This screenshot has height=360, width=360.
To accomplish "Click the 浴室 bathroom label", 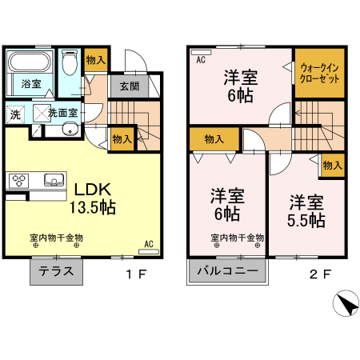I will point(30,83).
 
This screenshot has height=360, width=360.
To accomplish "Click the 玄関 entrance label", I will point(130,86).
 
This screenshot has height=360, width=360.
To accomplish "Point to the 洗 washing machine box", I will point(15,114).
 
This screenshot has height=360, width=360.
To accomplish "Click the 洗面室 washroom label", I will point(62,113).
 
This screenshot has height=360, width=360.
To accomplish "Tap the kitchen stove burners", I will point(18,180).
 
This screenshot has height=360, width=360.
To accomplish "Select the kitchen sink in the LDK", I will point(53,179).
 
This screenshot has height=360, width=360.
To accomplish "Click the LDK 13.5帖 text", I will point(94,198).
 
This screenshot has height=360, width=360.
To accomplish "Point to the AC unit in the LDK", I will point(149,251).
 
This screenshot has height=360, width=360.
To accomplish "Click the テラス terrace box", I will point(58,272).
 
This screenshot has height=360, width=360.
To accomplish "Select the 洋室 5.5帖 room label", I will point(306,210).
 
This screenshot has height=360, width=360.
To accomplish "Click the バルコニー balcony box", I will point(228,272).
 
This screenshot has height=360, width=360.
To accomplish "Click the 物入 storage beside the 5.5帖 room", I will point(333,165).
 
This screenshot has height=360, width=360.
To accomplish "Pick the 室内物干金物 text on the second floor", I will point(238,238).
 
